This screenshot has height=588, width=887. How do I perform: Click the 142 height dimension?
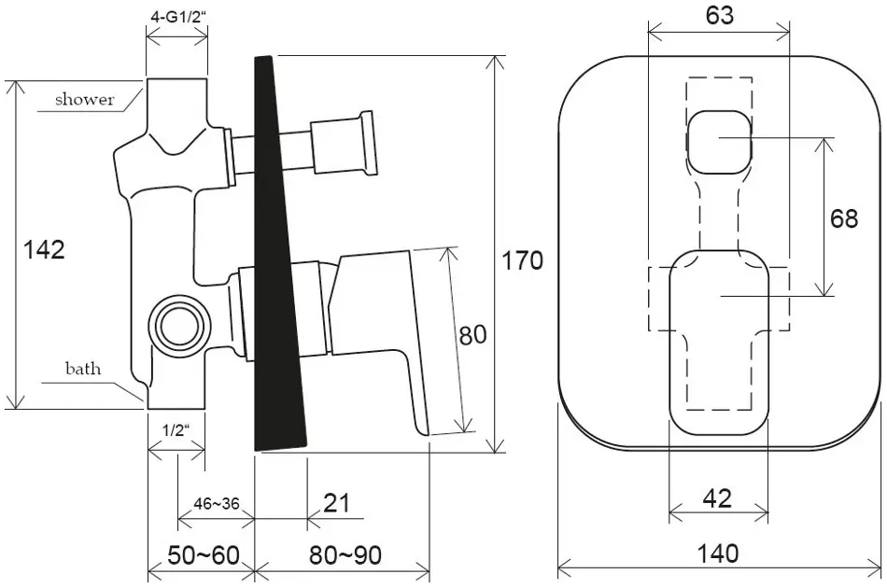click(x=44, y=249)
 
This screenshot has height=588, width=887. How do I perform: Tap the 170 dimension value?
click(x=523, y=260)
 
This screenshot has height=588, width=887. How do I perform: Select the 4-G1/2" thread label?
click(x=177, y=17)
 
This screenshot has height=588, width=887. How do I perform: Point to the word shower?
click(x=85, y=100)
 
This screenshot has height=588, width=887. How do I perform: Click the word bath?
click(x=83, y=369)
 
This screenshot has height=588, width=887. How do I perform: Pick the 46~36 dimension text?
click(x=216, y=503)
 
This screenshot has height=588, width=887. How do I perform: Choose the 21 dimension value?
click(x=336, y=503)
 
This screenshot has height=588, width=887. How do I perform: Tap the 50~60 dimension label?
click(x=204, y=555)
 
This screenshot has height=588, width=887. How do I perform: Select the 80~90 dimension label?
click(x=345, y=555)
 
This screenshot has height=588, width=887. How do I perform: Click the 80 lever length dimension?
click(x=472, y=335)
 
